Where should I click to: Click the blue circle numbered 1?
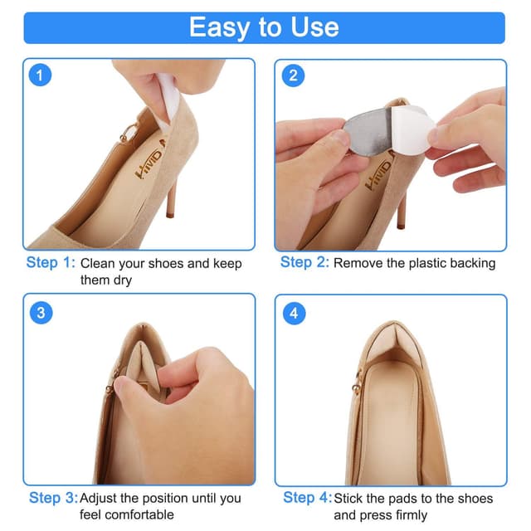[x=40, y=75]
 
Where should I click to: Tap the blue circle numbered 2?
[x=293, y=76]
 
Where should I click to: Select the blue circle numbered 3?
[x=41, y=313]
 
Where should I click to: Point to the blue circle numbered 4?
[x=294, y=314]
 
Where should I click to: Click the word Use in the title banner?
[x=314, y=27]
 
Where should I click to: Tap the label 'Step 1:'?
[x=51, y=262]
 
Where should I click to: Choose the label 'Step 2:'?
[x=304, y=262]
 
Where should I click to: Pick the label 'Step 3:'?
[x=53, y=498]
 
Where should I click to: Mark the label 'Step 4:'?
[x=307, y=498]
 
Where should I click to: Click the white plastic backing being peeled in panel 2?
[x=412, y=128]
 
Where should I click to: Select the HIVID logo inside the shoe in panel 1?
[x=149, y=163]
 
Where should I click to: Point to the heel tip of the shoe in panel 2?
[x=401, y=225]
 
